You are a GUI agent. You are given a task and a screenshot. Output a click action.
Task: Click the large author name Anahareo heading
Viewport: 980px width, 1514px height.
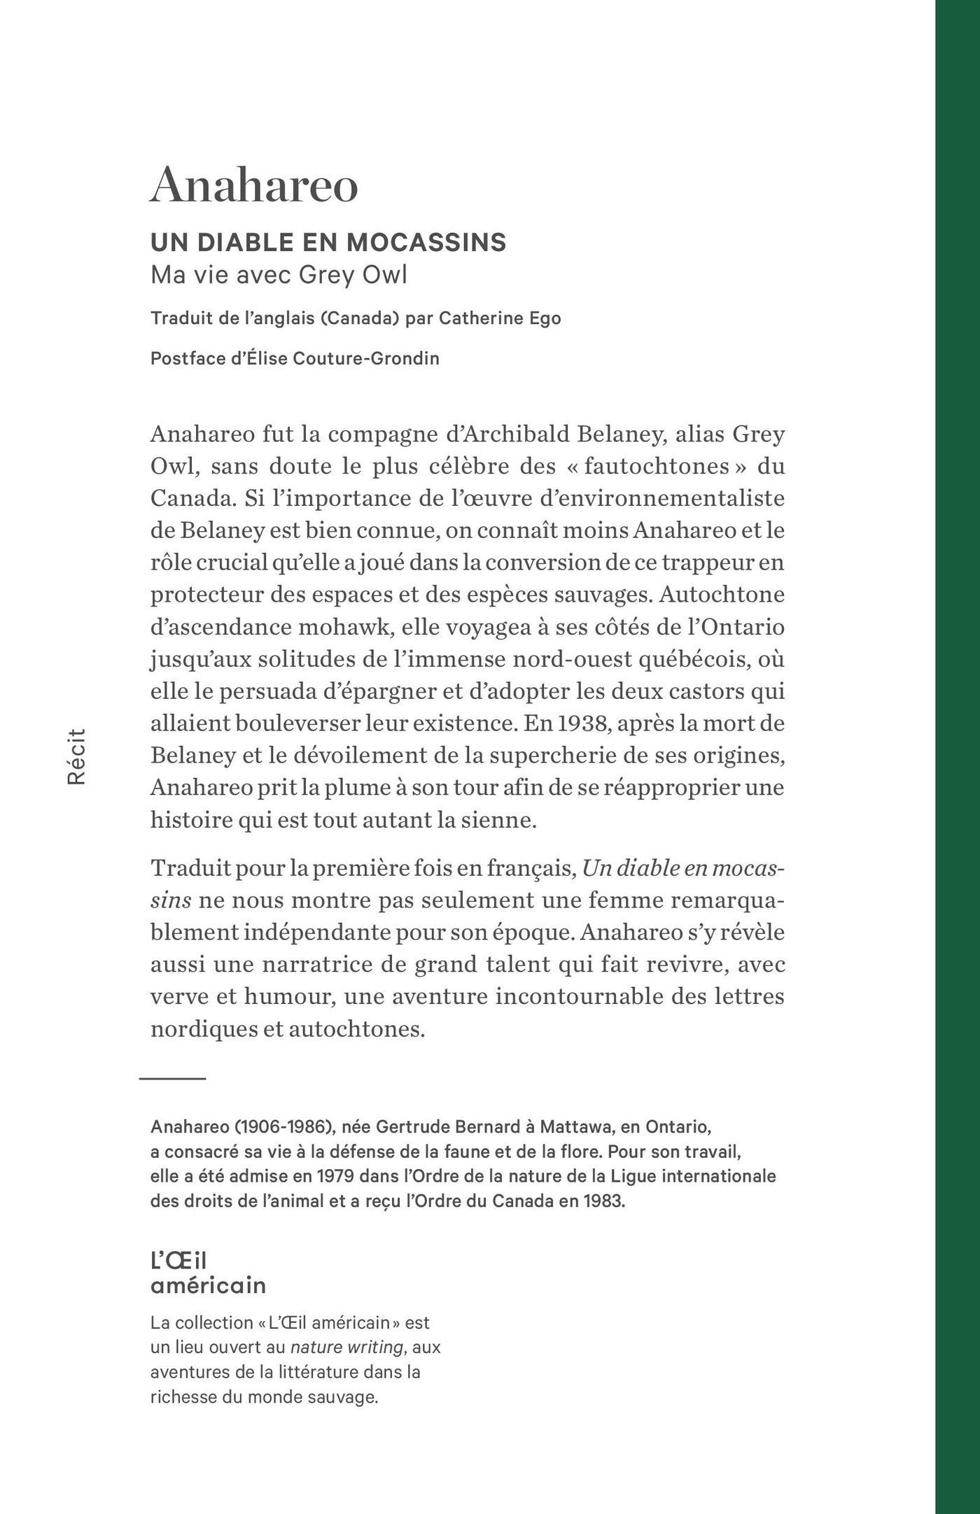(x=254, y=185)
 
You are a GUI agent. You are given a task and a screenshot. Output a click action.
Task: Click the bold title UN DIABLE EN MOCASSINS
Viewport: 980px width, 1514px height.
(x=328, y=243)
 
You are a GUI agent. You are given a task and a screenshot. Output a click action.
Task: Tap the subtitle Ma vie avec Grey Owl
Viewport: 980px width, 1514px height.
(x=279, y=275)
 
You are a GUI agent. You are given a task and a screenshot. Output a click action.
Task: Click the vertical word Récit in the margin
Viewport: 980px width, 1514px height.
(x=76, y=756)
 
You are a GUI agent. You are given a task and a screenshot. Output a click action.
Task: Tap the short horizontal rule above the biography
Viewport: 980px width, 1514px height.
(x=172, y=1079)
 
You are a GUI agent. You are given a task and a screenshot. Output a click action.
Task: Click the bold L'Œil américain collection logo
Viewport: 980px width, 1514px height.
(x=208, y=1273)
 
